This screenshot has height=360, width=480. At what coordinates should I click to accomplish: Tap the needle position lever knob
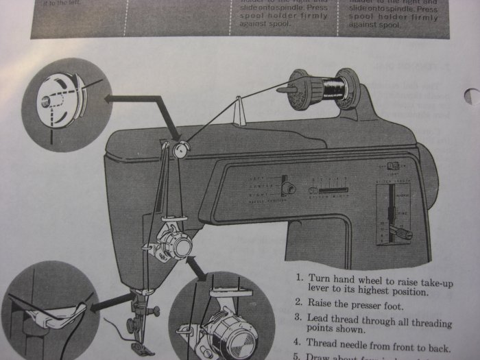(290, 187)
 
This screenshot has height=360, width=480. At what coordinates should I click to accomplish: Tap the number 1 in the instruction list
(300, 279)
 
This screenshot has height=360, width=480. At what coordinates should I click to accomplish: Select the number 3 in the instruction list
(300, 317)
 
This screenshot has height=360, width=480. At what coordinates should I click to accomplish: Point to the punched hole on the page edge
(472, 97)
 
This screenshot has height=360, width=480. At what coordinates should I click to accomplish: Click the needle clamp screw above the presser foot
(154, 311)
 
